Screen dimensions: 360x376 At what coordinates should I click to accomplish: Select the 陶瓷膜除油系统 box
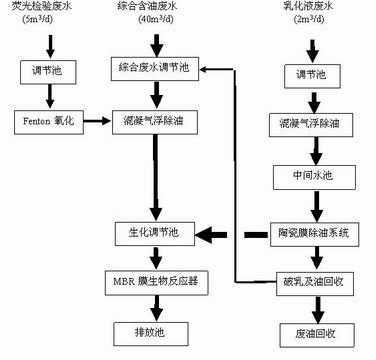pos(311,233)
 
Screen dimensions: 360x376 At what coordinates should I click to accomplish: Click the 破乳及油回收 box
pos(311,279)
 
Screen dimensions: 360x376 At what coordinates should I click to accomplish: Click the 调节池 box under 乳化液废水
pos(311,74)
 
